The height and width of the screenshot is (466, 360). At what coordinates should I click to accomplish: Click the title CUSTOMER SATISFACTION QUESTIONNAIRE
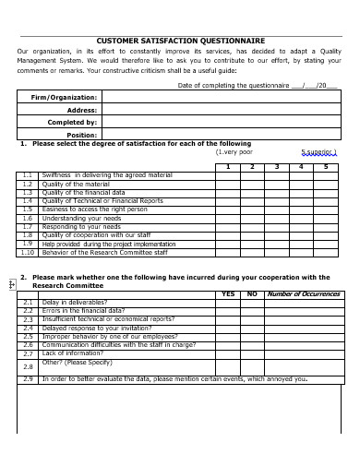pos(181,41)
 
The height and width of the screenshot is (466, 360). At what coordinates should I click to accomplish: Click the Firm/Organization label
pos(64,97)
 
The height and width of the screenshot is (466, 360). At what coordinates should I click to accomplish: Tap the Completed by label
pos(72,122)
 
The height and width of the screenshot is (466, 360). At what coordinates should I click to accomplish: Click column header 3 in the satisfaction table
pos(275,166)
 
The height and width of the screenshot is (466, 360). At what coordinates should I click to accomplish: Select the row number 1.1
pos(28,174)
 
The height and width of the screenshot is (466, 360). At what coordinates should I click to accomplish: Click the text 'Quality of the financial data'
pos(83,192)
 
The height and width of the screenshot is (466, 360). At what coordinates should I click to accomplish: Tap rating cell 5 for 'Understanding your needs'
pos(326,218)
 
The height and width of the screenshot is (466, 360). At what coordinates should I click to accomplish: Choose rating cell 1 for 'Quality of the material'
pos(227,184)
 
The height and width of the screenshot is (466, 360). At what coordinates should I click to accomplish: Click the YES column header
pos(228,294)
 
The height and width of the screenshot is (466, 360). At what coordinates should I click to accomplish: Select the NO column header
pos(251,294)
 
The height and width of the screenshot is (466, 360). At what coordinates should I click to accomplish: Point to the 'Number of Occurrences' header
pos(304,294)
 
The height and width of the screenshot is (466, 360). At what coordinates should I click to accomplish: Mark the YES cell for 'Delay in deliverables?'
pos(228,303)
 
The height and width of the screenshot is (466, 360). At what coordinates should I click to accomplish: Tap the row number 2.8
pos(28,366)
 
